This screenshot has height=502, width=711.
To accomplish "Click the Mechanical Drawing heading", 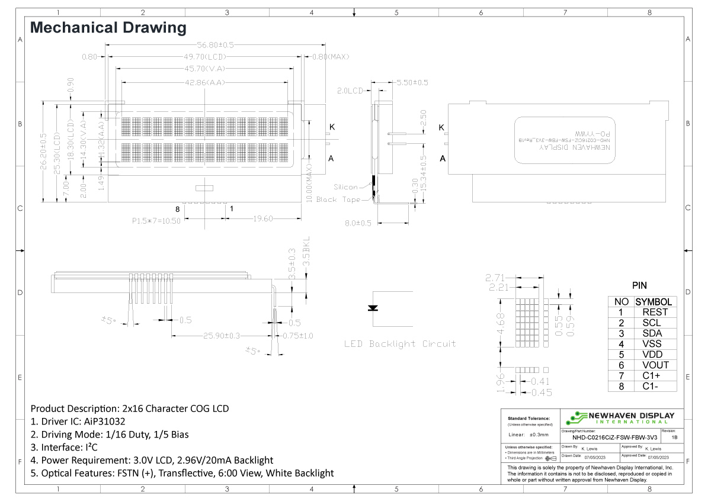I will point(108,27).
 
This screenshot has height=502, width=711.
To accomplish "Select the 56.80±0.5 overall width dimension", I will point(215,45).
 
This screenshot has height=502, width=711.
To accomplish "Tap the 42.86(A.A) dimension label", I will point(205,83).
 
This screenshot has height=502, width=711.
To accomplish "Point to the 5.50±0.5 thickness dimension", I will point(411,82).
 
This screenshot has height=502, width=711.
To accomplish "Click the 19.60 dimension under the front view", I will point(260,218).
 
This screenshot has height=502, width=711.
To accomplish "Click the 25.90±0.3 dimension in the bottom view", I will point(222,336).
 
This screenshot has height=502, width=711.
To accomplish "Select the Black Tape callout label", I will point(338,199).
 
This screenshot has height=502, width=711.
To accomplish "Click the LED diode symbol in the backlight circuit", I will point(373,308).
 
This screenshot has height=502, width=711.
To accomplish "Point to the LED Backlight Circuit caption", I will point(400,344).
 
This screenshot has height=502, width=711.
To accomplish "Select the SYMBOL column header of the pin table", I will point(654,302).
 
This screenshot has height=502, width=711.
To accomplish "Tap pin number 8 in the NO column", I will point(621,387).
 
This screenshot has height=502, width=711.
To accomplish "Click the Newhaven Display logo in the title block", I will point(620,417).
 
